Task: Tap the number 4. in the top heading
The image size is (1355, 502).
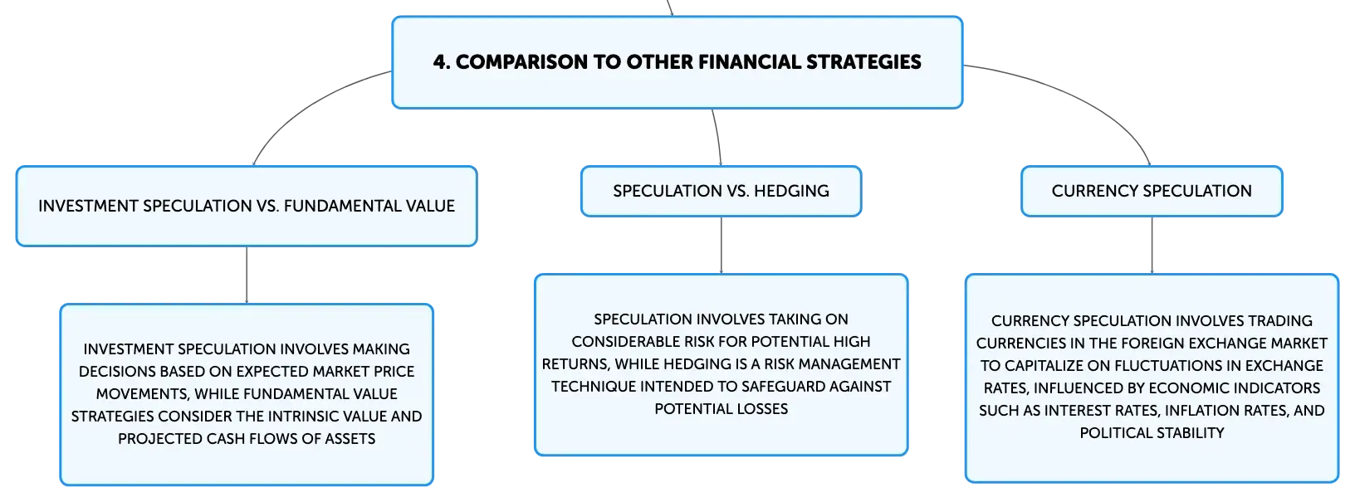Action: click(x=442, y=61)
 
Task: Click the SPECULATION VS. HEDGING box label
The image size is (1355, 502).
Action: click(x=721, y=191)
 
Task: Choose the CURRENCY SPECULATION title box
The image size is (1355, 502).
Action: click(x=1152, y=191)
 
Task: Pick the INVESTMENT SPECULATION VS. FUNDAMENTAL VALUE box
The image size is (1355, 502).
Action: click(x=247, y=207)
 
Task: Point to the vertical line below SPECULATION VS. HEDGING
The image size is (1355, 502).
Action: click(x=721, y=245)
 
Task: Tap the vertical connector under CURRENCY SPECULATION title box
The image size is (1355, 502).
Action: click(x=1152, y=245)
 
